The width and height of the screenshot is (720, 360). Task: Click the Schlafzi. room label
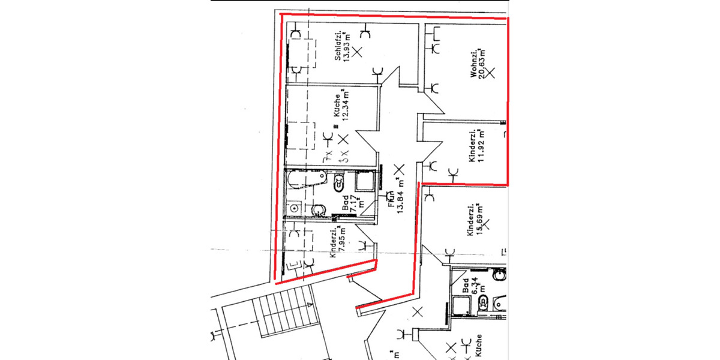click(x=338, y=46)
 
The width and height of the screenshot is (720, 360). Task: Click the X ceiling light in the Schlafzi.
click(x=358, y=52)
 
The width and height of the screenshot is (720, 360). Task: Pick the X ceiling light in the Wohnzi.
click(x=490, y=73)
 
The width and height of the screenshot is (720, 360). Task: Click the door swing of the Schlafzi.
click(x=397, y=81)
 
